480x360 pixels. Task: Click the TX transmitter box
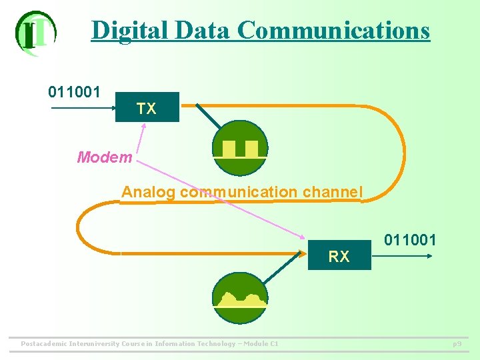pyautogui.click(x=147, y=107)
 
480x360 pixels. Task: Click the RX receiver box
pyautogui.click(x=339, y=255)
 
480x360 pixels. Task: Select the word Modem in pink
pyautogui.click(x=105, y=157)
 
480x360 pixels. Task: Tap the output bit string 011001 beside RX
pyautogui.click(x=410, y=239)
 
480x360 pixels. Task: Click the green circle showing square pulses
pyautogui.click(x=240, y=148)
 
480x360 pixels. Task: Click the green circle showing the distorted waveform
pyautogui.click(x=240, y=298)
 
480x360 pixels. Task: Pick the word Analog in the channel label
pyautogui.click(x=148, y=192)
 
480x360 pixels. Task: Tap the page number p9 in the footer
pyautogui.click(x=457, y=344)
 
